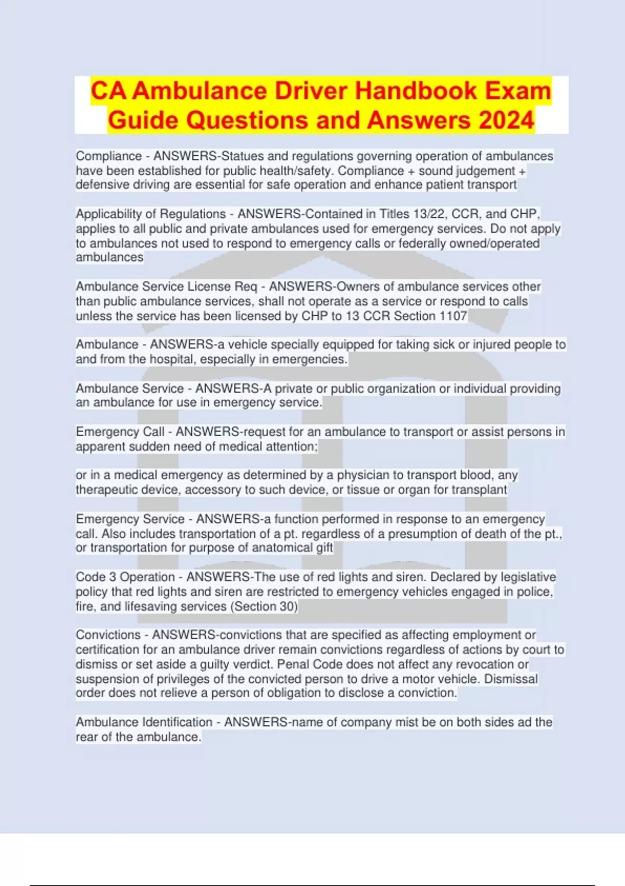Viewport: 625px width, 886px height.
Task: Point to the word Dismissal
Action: [x=511, y=679]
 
